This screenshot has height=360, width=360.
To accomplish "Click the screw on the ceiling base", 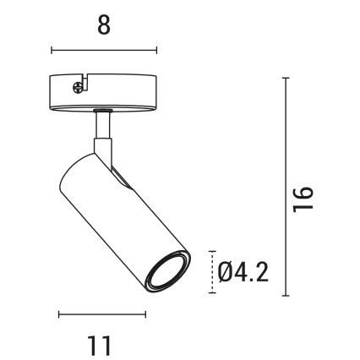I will (x=79, y=84).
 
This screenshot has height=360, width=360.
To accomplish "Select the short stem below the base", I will (x=102, y=126).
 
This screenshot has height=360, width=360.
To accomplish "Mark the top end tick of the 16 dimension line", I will (x=285, y=78).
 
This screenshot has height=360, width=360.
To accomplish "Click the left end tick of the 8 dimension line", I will (x=52, y=50).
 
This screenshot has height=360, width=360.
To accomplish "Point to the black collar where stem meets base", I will (x=102, y=110).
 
